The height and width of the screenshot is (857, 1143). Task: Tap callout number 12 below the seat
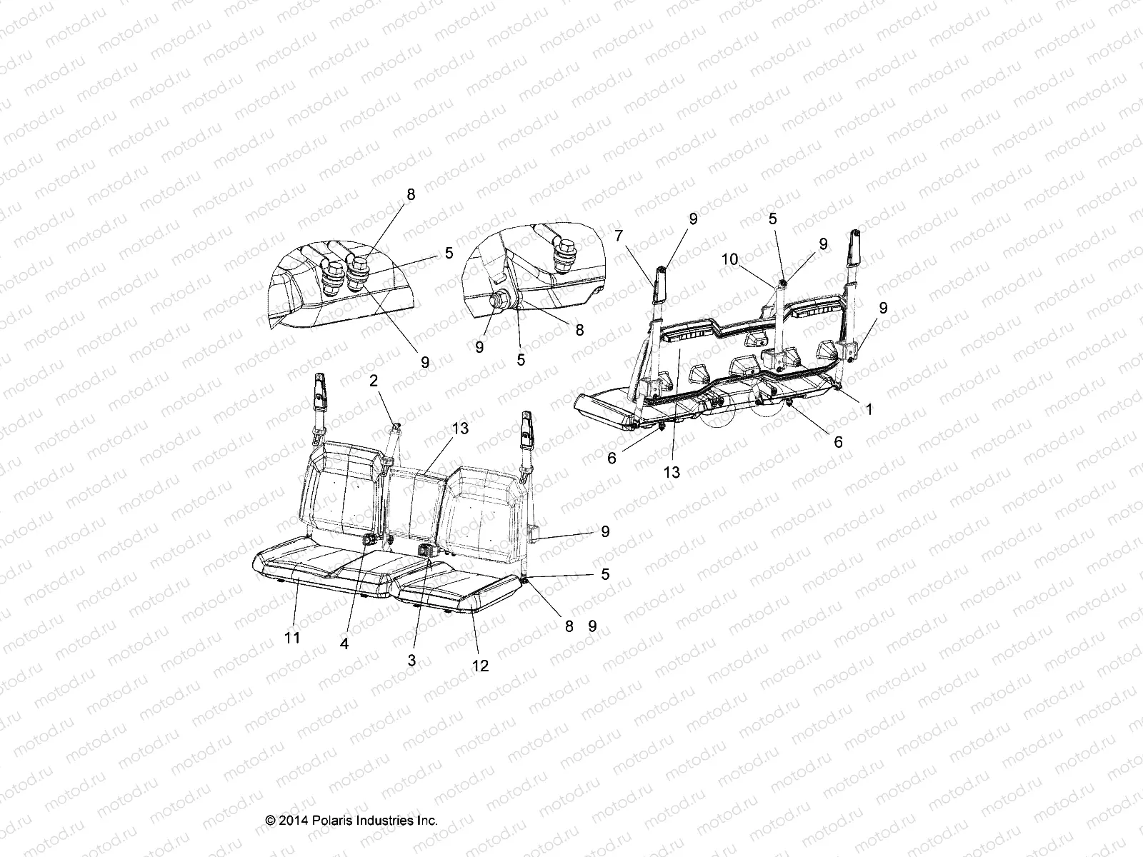480,666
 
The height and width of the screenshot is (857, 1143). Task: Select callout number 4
344,643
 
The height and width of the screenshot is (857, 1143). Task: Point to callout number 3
411,661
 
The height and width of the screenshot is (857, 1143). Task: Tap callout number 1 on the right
869,409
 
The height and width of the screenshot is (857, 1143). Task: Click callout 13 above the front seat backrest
460,428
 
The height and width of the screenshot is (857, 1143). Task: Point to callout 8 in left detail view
410,195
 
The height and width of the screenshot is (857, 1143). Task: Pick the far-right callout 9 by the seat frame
884,308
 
